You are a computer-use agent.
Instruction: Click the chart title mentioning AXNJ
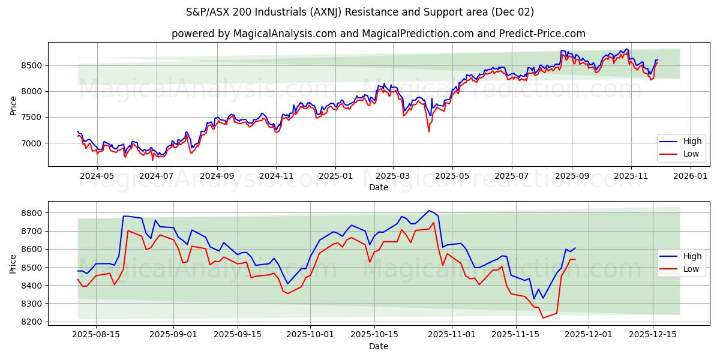pos(360,12)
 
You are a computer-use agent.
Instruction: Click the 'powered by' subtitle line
pos(378,34)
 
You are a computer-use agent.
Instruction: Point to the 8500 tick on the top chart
pos(34,65)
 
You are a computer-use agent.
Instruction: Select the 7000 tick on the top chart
pos(34,143)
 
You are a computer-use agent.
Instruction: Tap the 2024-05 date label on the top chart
pos(97,176)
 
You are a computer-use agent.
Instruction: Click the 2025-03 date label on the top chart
pos(393,176)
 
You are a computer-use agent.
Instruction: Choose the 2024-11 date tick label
pos(275,176)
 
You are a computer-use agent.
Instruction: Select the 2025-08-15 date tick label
pos(96,335)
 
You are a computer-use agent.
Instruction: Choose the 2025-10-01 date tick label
pos(310,335)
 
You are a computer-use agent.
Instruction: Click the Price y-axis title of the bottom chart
pos(13,264)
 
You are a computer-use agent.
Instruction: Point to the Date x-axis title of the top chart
pos(378,187)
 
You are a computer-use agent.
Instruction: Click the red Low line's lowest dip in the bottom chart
pos(543,318)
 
